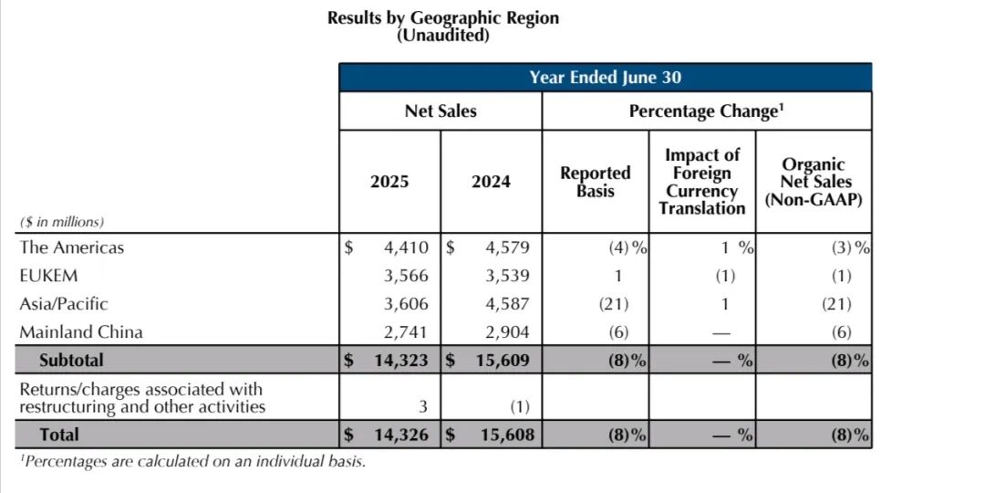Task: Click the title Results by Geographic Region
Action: [443, 18]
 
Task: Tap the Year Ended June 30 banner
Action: [605, 78]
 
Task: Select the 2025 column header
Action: [389, 182]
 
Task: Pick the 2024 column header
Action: [491, 182]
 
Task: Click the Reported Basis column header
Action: [595, 182]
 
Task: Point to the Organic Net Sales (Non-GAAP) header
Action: [814, 182]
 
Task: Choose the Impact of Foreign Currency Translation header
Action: [702, 182]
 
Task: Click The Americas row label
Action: [71, 247]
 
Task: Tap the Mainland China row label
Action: [81, 332]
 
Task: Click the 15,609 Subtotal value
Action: [502, 361]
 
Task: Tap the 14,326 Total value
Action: [400, 435]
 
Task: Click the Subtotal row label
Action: [71, 361]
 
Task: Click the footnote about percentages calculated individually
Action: [192, 462]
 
